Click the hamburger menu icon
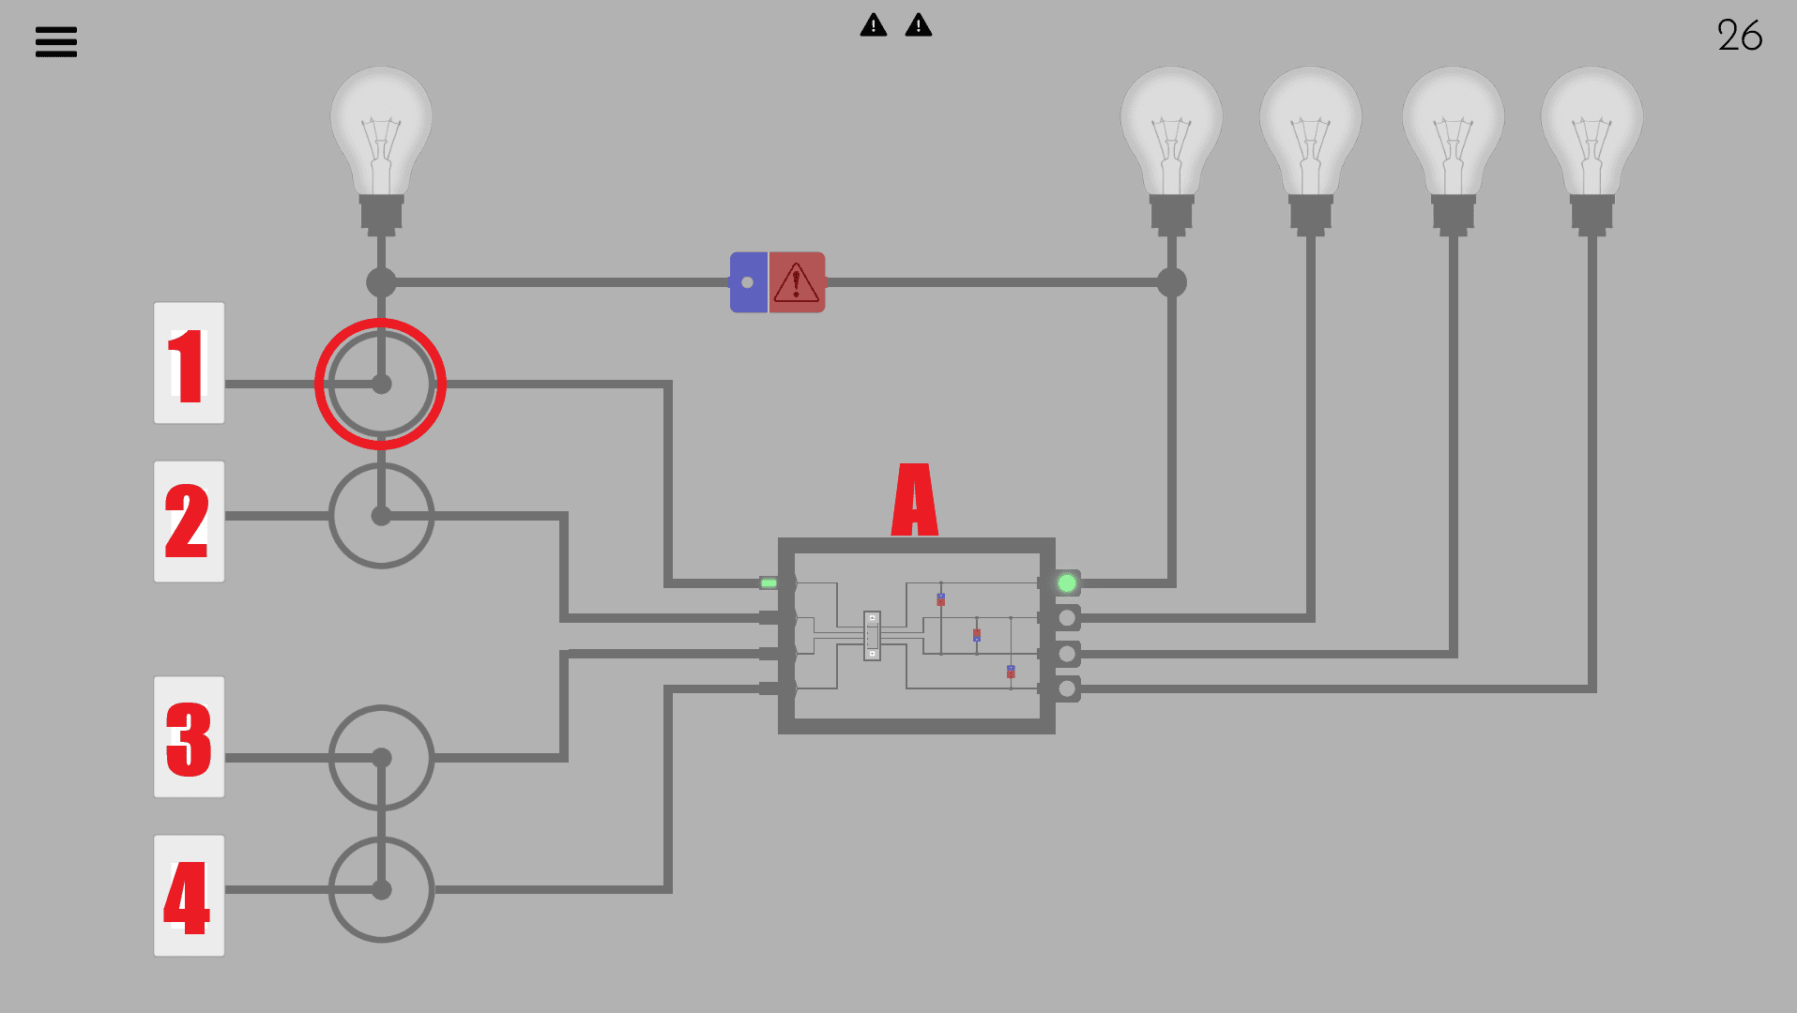[56, 41]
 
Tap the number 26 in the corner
[1739, 36]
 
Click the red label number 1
[189, 364]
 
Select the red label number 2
[189, 522]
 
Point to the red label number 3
[189, 737]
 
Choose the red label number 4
[189, 896]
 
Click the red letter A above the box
[914, 500]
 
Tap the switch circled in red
[381, 384]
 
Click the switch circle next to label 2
[381, 516]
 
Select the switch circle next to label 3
[381, 758]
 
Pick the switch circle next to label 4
[381, 889]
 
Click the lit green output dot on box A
[1067, 583]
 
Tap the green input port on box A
[769, 583]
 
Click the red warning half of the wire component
[797, 282]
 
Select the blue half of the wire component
[748, 282]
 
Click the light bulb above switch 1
[381, 141]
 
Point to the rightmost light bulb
[1591, 141]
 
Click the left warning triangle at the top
[874, 25]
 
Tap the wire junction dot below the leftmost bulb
[381, 282]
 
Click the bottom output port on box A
[1067, 689]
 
